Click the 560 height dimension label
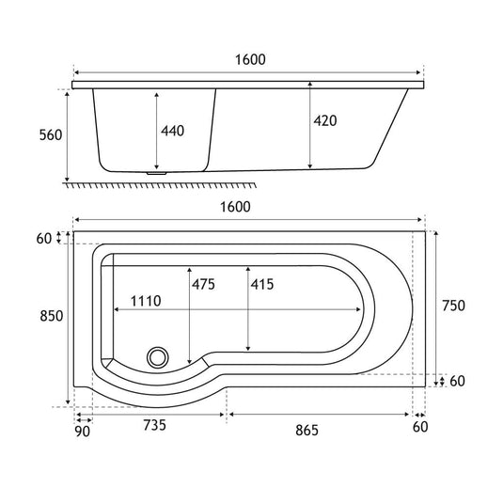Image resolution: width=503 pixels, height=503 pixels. [x=51, y=135]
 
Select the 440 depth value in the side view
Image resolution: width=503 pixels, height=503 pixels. [x=173, y=131]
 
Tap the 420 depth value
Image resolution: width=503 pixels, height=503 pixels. [x=325, y=121]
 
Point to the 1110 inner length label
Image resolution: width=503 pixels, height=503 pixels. [x=146, y=301]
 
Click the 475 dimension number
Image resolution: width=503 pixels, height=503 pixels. [x=203, y=284]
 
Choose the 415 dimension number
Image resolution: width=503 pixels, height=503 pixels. [x=262, y=284]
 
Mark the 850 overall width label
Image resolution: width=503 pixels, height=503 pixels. [x=52, y=316]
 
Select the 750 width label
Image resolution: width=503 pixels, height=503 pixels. [x=453, y=306]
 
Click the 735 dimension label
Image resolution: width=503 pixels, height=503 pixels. [x=154, y=425]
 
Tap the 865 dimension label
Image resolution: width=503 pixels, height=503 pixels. [x=307, y=431]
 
